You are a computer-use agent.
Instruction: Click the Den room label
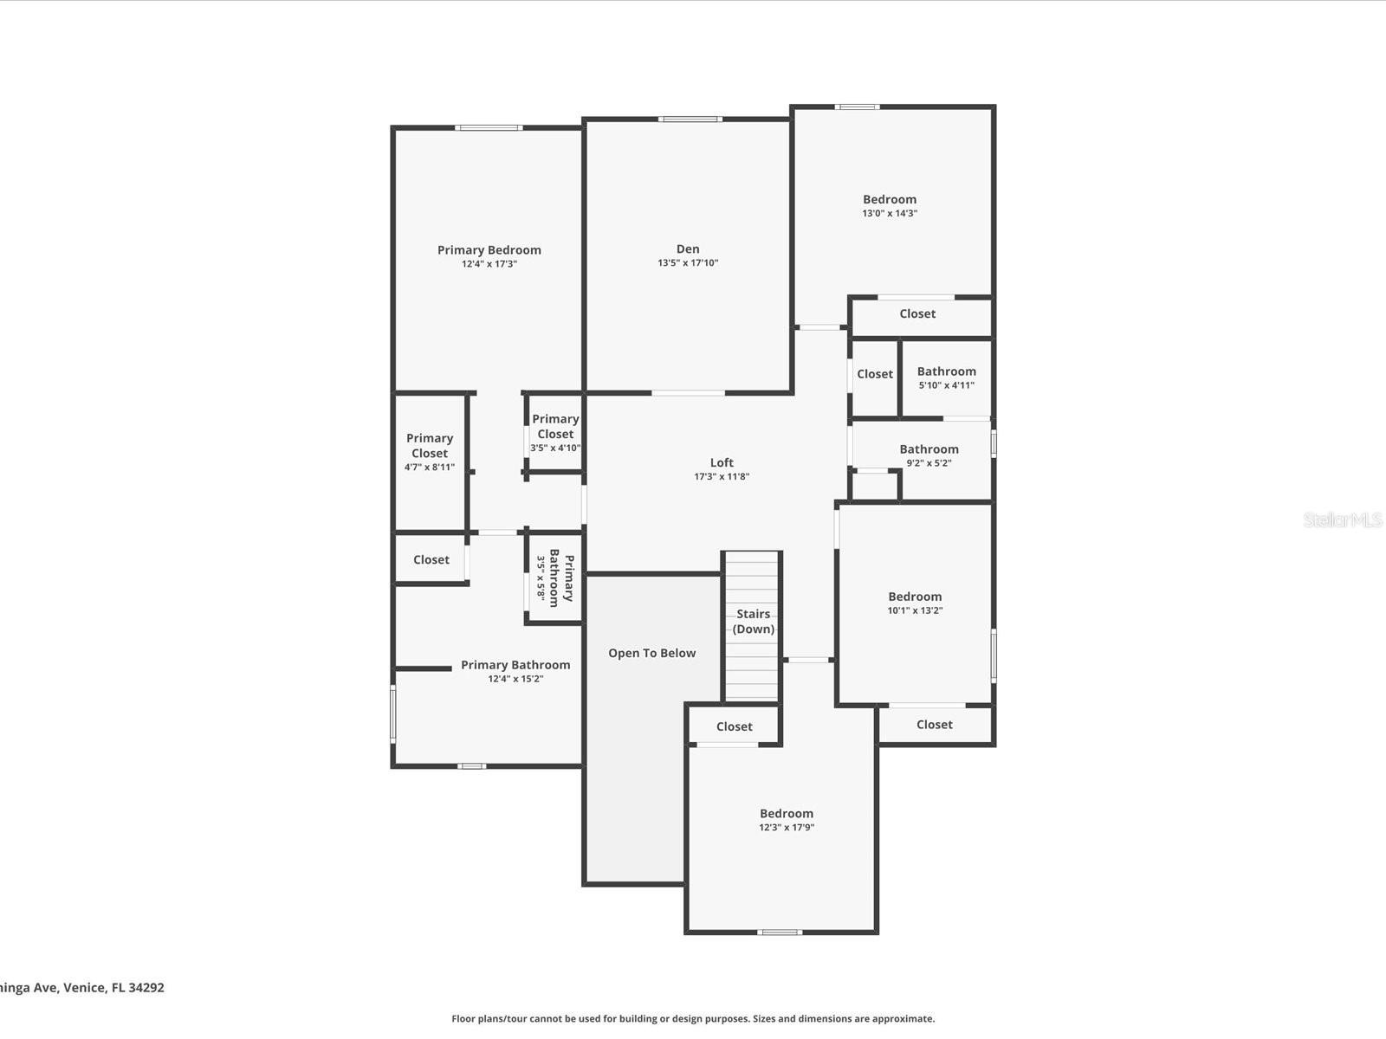tap(688, 249)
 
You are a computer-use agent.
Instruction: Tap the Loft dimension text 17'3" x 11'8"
tap(721, 476)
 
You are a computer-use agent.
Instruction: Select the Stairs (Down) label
tap(754, 622)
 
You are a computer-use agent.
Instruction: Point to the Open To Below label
tap(651, 653)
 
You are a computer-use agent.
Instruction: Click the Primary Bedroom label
tap(489, 250)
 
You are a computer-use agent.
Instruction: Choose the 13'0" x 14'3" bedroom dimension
tap(890, 213)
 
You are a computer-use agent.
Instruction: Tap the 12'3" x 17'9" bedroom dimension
tap(787, 827)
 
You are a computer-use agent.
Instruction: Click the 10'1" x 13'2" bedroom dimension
tap(915, 610)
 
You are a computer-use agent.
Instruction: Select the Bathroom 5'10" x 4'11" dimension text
tap(947, 384)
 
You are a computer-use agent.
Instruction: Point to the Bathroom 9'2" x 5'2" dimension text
tap(929, 462)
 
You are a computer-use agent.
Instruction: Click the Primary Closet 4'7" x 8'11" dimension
tap(430, 467)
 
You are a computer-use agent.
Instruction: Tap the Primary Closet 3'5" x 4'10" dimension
tap(555, 448)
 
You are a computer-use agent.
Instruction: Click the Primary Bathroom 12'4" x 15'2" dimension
tap(515, 679)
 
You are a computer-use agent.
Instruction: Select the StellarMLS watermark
tap(1343, 519)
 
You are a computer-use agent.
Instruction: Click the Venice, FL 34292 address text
tap(113, 987)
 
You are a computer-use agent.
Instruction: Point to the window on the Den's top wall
tap(690, 119)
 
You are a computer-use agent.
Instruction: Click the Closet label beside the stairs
tap(734, 726)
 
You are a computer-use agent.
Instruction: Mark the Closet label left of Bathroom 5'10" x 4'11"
tap(875, 373)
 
